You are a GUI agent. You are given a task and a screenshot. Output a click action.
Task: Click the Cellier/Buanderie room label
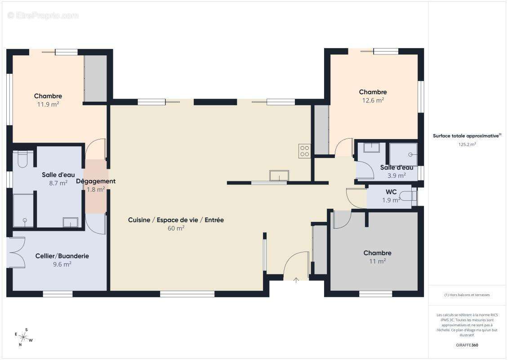point(62,256)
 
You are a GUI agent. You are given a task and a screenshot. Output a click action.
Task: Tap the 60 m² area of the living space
point(176,228)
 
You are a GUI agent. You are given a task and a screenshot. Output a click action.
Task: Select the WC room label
point(391,192)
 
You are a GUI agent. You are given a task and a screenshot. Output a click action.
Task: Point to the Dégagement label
point(96,181)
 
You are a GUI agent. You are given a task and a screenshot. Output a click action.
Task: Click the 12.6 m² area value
point(373,100)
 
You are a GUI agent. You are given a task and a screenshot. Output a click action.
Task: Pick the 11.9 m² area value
point(48,104)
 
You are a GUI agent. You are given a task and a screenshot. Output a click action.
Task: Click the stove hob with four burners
point(304,151)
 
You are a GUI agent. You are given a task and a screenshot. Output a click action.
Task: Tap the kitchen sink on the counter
point(279,175)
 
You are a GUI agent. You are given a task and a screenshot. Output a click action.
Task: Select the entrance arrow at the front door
point(296,280)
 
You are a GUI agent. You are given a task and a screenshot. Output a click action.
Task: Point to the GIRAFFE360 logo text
point(467,345)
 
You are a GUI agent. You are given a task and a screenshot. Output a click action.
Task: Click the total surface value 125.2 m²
point(467,144)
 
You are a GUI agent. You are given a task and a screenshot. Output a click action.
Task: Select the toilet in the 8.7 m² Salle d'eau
point(22,159)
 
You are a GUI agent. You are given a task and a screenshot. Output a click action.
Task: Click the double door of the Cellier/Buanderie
point(16,252)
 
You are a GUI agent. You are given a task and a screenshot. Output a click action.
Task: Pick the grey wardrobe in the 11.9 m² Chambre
point(96,78)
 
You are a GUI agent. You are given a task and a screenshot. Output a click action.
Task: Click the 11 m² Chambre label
point(378,257)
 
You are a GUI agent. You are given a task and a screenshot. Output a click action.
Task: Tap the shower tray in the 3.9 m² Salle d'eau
point(403,154)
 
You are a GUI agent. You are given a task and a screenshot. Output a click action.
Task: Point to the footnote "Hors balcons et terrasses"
point(467,295)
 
